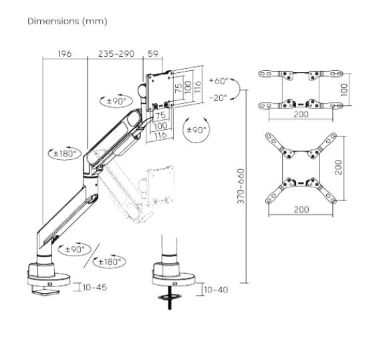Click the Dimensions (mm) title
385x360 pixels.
coord(68,21)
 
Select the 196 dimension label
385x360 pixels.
coord(65,54)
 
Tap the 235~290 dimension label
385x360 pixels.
coord(116,54)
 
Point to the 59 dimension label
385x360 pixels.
coord(153,54)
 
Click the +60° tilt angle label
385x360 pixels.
coord(219,80)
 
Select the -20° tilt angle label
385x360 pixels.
coord(218,98)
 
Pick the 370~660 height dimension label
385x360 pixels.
coord(241,186)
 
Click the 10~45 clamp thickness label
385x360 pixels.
coord(95,287)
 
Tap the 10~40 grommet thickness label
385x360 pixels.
coord(216,290)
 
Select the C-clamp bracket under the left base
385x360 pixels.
coord(45,290)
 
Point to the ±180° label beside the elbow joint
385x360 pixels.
coord(63,154)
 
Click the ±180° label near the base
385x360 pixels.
coord(110,262)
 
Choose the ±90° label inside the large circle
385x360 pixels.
coord(197,130)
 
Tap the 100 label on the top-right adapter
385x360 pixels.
coord(344,90)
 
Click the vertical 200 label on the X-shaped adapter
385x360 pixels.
coord(338,167)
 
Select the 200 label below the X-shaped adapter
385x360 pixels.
coord(301,209)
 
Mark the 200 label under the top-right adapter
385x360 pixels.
coord(301,114)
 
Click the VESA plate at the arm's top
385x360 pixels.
coord(160,91)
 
